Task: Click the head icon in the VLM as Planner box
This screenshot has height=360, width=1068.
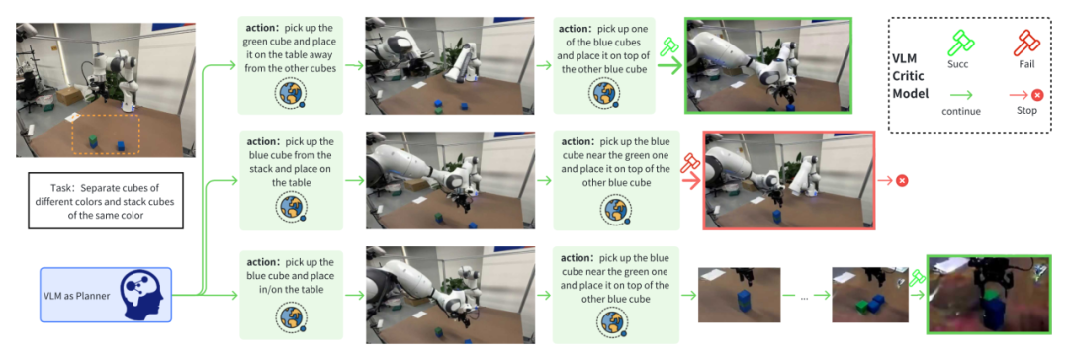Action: [x=143, y=295]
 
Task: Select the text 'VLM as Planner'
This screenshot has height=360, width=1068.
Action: [x=76, y=296]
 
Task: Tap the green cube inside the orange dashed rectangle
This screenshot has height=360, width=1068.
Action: [x=92, y=141]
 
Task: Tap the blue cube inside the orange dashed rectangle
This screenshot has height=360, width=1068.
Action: [x=121, y=146]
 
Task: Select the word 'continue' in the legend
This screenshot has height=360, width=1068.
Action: [x=961, y=111]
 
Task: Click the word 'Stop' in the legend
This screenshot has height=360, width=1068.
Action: [x=1025, y=110]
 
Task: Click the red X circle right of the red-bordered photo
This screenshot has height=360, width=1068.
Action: [x=902, y=180]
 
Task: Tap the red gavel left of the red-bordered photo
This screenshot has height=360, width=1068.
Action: [x=689, y=163]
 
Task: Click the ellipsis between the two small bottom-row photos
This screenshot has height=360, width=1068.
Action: [x=804, y=298]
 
